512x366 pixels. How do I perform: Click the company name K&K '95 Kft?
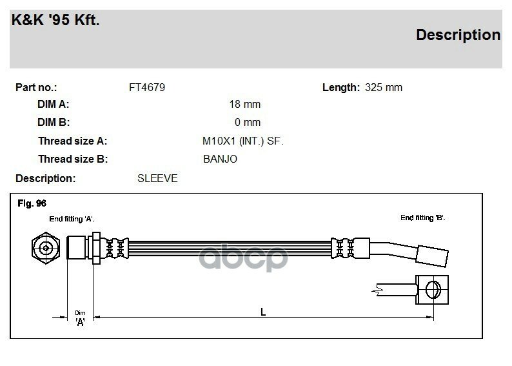point(55,20)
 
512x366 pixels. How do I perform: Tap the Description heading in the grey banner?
point(458,35)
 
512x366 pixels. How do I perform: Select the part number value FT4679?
point(147,87)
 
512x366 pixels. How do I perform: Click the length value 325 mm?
point(384,87)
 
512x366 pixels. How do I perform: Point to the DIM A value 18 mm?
point(245,104)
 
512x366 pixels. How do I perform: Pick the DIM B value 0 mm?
point(248,122)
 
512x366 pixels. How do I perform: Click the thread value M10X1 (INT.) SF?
point(243,141)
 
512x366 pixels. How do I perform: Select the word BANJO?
point(220,159)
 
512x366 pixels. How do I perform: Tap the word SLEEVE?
point(157,178)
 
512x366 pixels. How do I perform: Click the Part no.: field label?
point(36,87)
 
